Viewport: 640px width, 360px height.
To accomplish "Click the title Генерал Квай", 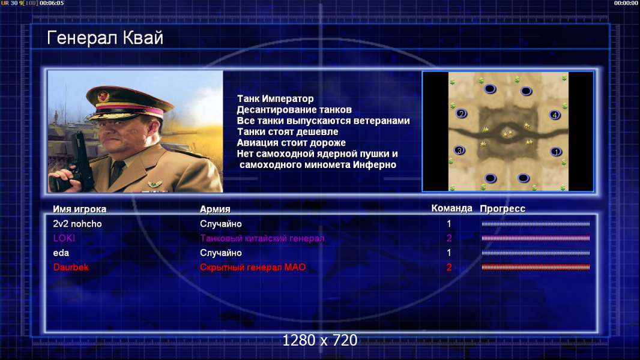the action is (105, 38).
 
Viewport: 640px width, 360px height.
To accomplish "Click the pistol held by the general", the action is (77, 163).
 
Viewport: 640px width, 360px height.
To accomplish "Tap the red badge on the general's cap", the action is (103, 96).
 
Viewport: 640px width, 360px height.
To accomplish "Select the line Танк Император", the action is (276, 98).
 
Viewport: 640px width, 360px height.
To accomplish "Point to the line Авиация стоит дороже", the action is (291, 143).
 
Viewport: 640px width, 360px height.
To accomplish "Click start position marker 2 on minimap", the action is (461, 114).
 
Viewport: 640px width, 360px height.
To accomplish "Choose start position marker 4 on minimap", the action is (555, 115).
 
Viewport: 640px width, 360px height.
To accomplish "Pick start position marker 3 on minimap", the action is (459, 151).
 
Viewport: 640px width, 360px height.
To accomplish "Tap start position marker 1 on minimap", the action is (556, 152).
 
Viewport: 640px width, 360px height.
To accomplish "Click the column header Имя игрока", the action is (80, 209).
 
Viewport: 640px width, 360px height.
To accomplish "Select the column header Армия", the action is (215, 209).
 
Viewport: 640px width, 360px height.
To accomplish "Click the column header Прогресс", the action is (503, 209).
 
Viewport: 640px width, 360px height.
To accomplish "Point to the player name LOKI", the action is (64, 238).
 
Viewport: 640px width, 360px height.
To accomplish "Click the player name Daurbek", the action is (71, 268).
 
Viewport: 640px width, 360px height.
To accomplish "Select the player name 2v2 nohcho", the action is (77, 224).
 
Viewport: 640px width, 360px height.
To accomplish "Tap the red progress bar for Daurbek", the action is (536, 268).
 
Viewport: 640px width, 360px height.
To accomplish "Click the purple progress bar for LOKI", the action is (536, 238).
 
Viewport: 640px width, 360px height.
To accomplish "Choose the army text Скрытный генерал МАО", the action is (253, 268).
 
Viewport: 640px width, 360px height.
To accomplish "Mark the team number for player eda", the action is (449, 253).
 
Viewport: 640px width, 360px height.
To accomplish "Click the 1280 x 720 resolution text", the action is (320, 340).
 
